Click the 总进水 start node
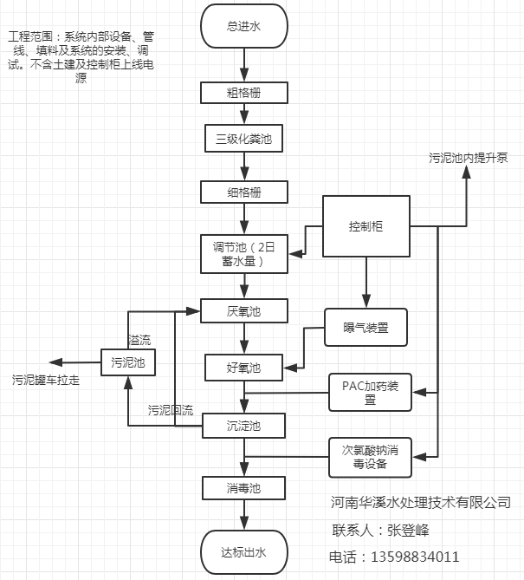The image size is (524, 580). point(243,26)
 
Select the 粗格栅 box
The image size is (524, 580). point(243,92)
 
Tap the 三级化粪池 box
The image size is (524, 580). point(243,138)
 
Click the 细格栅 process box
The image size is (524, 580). point(243,191)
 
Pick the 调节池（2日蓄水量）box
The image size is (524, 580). point(243,252)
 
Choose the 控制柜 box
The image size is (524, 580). point(366,227)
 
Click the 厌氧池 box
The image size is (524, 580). point(243,310)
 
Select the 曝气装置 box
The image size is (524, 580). point(366,328)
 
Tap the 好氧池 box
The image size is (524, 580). point(243,368)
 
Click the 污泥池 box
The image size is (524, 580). point(128,362)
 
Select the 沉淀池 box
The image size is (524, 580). point(243,426)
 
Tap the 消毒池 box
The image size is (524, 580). point(243,488)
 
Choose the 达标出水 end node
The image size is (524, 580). point(243,552)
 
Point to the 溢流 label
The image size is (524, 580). point(139,339)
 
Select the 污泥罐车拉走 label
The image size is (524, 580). point(46,380)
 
